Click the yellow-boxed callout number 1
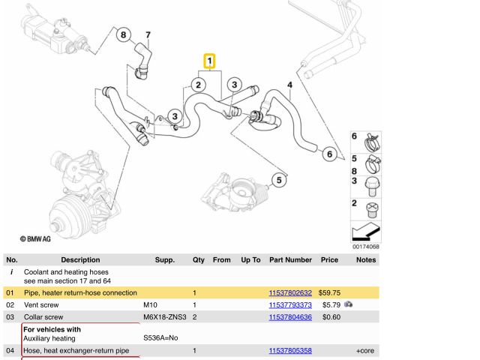(210, 60)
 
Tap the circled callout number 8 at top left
(124, 34)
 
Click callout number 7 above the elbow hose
(148, 34)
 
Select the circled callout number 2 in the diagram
(199, 85)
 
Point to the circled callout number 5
(278, 180)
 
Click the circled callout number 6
(328, 154)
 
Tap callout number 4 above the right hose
(289, 85)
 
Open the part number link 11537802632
(290, 292)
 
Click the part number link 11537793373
(290, 305)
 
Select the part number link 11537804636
(290, 317)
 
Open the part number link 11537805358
(290, 351)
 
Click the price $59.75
(330, 292)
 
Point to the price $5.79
(331, 305)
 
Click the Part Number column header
(290, 260)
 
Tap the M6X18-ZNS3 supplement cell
(166, 317)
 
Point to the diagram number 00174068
(365, 247)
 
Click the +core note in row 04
(365, 351)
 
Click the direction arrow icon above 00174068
(365, 231)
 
